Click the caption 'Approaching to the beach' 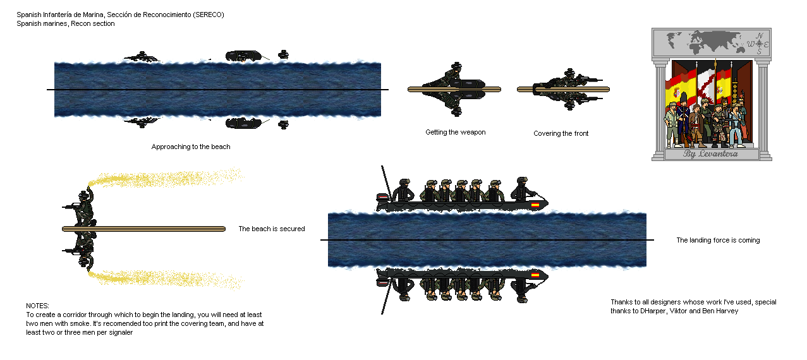191,147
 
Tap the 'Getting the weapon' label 455,132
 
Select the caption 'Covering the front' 561,133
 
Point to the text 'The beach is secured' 271,229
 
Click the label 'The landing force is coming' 718,240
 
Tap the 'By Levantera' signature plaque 710,154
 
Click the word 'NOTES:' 37,305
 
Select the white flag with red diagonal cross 705,88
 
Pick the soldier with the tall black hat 683,120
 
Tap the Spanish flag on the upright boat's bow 535,205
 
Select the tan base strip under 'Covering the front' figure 562,90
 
